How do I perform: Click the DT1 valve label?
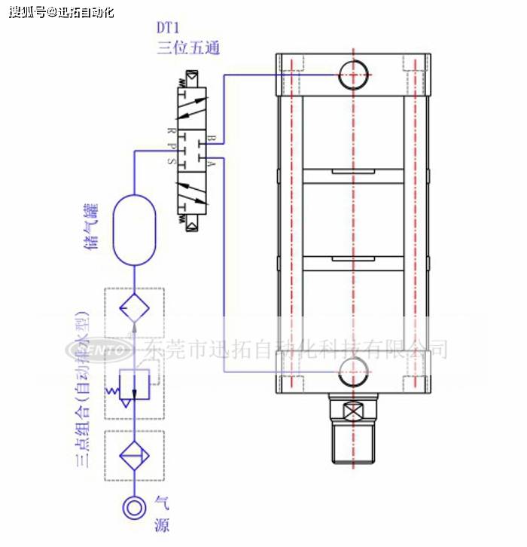169,29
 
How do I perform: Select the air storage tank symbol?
134,230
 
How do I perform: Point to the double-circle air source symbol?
134,507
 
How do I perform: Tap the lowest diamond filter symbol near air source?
134,456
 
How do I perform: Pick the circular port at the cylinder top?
353,73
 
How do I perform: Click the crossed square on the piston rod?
353,412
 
